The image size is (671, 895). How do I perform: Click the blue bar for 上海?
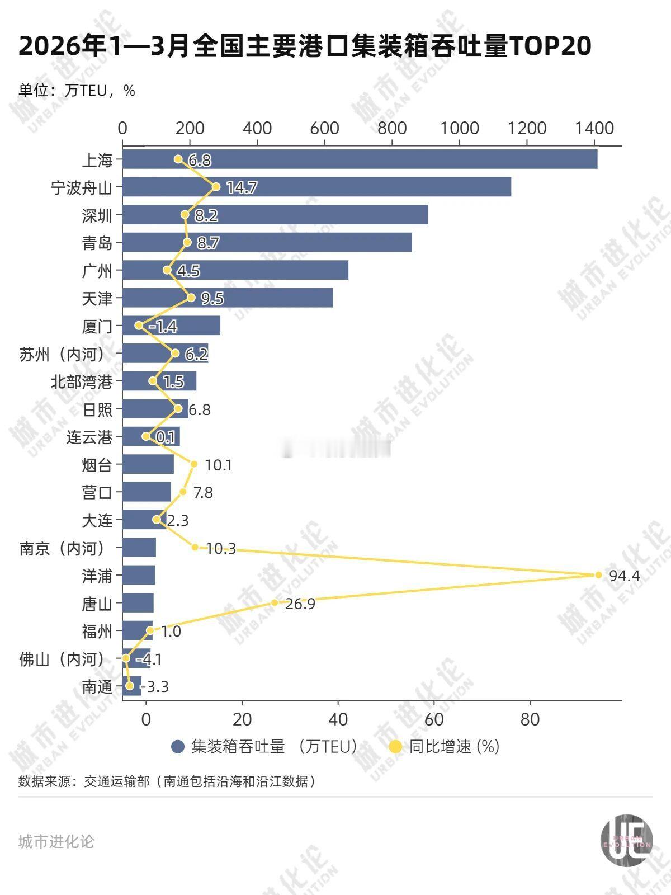click(x=360, y=159)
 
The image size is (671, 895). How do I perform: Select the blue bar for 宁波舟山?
click(x=316, y=187)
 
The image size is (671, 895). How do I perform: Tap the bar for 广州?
click(x=235, y=270)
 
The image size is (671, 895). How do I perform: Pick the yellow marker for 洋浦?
click(x=598, y=575)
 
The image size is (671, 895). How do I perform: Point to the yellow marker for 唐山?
click(x=275, y=602)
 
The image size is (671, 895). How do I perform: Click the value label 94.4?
click(x=624, y=576)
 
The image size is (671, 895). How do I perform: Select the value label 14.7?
click(x=242, y=188)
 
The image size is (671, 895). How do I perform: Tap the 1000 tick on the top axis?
click(x=460, y=128)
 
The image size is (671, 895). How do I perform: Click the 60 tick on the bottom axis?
click(x=434, y=719)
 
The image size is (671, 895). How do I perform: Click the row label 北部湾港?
click(x=82, y=382)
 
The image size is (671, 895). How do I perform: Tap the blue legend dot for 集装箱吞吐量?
click(x=178, y=746)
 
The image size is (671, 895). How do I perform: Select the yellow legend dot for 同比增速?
click(x=395, y=746)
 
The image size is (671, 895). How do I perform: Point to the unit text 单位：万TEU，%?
click(x=77, y=91)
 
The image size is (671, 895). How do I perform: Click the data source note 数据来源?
click(x=168, y=781)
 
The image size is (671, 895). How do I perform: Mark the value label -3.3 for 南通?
click(x=155, y=686)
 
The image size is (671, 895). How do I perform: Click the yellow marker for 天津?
click(x=191, y=298)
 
